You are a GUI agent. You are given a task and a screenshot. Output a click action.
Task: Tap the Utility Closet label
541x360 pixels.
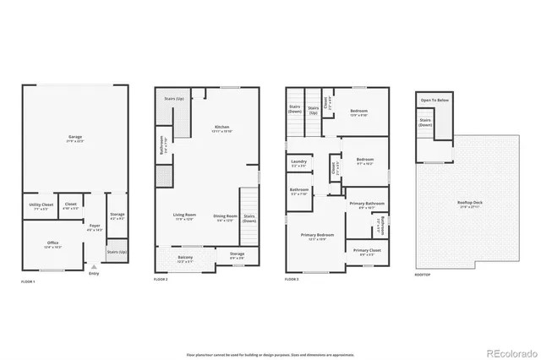[42, 205]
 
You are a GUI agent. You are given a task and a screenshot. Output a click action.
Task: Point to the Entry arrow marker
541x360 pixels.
[94, 266]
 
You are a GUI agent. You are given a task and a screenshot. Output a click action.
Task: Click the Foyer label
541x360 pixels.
[95, 226]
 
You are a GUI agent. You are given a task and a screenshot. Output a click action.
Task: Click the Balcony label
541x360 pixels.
[185, 258]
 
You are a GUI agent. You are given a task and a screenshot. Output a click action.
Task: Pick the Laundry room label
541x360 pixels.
[298, 162]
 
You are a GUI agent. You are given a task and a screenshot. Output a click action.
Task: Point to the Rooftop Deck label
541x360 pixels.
[470, 201]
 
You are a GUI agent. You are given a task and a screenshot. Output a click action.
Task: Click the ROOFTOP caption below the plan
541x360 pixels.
[423, 275]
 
